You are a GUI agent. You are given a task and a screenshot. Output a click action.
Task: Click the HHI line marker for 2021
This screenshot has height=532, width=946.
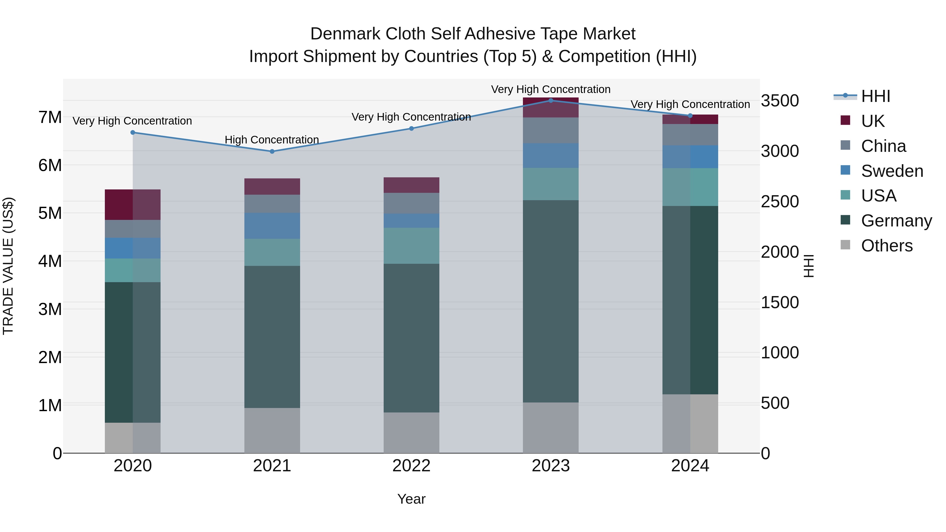(272, 151)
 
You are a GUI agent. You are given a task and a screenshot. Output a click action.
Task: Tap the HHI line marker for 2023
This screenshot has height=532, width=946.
(551, 100)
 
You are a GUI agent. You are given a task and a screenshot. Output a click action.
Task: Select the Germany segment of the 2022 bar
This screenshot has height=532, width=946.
(411, 338)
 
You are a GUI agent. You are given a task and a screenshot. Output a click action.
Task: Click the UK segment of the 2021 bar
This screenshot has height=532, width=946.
(272, 187)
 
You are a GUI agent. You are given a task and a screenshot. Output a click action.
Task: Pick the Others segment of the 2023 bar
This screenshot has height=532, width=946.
(551, 428)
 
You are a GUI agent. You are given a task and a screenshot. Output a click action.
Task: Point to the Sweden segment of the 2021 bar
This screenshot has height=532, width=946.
(272, 226)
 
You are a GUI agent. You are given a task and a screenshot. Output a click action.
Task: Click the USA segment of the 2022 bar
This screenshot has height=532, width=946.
(411, 246)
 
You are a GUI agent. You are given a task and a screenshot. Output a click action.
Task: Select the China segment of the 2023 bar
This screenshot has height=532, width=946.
(551, 130)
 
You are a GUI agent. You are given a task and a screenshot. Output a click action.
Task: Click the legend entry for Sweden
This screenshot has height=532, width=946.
(892, 171)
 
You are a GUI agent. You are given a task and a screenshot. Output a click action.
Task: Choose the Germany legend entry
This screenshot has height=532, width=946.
(896, 221)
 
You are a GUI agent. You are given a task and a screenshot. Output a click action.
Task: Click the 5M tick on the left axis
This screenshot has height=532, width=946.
(50, 213)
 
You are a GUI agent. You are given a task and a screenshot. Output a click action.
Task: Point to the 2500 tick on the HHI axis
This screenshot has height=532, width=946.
(779, 202)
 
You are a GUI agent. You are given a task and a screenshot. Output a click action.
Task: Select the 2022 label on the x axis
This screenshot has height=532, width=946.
(411, 466)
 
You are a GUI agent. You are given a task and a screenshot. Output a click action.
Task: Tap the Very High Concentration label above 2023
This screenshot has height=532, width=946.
(551, 89)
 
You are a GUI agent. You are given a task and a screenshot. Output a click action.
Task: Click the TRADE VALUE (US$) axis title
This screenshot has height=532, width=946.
(8, 266)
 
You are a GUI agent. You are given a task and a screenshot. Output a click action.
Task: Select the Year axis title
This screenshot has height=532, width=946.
(411, 499)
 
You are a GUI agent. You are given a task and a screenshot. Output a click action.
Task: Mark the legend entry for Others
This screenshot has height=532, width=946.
(887, 246)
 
